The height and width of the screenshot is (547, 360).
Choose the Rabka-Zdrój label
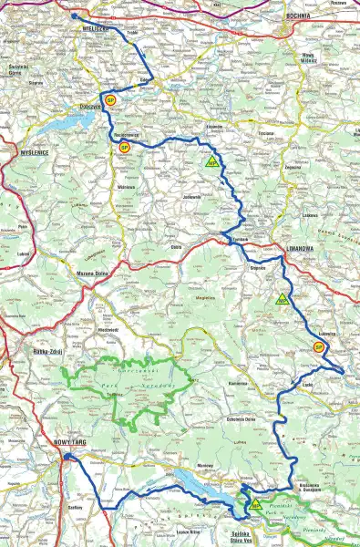pos(38,352)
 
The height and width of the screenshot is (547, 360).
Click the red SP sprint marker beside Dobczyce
pos(109,100)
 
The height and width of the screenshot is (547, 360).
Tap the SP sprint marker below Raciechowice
pos(126,147)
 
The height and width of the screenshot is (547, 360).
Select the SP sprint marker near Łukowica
pos(319,346)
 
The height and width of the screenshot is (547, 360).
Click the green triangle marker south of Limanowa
pos(281,299)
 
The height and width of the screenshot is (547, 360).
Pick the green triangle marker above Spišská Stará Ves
pos(255,504)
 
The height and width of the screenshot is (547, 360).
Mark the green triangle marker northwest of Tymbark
pos(211,163)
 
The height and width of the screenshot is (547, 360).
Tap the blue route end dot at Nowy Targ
pos(67,460)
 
